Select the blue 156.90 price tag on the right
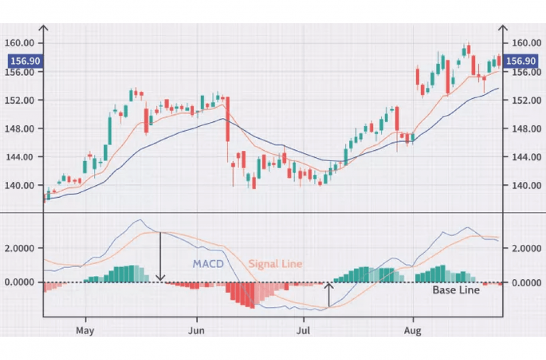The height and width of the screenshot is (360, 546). pos(520,61)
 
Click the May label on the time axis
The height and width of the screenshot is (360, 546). pos(86,330)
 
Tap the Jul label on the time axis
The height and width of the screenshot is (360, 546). pos(303,330)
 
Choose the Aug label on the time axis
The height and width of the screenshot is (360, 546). pos(413,330)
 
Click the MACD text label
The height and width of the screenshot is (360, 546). pos(208,264)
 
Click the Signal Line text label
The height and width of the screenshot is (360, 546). pos(275,264)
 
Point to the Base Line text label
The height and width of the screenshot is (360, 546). pos(456,290)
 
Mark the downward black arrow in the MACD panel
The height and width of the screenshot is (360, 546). pos(160,256)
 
